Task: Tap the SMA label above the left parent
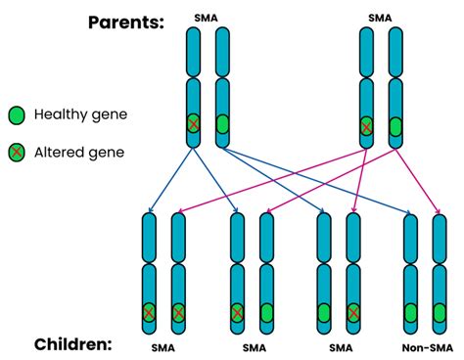tap(207, 18)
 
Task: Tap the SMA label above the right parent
tap(380, 18)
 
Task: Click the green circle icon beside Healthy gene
tap(18, 115)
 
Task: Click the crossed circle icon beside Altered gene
tap(18, 153)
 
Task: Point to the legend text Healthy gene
tap(80, 115)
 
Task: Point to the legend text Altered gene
tap(78, 153)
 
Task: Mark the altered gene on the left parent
tap(194, 125)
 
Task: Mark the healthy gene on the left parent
tap(222, 125)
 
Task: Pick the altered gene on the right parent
tap(367, 126)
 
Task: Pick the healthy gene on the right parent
tap(395, 126)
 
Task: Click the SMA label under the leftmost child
tap(164, 347)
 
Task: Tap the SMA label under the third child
tap(339, 347)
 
